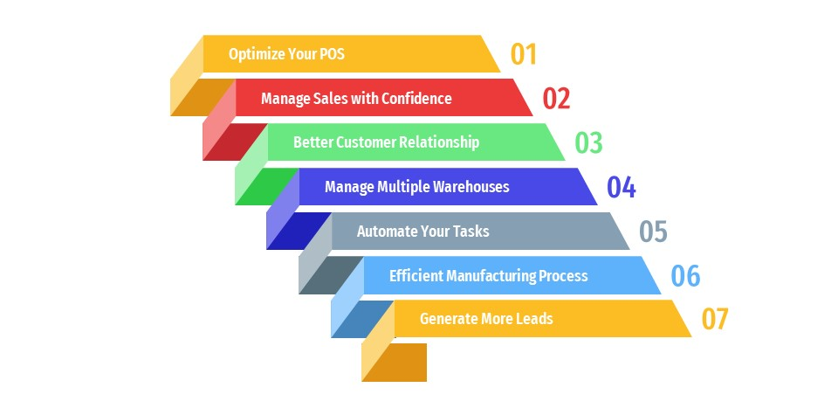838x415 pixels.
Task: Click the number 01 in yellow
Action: (523, 54)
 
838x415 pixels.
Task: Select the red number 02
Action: (556, 99)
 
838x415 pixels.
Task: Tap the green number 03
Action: (588, 142)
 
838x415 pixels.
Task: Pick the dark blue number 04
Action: (621, 187)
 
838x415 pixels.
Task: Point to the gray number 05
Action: (653, 231)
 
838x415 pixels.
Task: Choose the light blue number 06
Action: (685, 275)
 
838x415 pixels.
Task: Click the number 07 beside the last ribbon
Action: (715, 319)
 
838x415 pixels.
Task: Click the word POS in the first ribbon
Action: (332, 54)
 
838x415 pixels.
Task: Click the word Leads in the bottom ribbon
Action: (534, 319)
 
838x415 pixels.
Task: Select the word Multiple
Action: (403, 187)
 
